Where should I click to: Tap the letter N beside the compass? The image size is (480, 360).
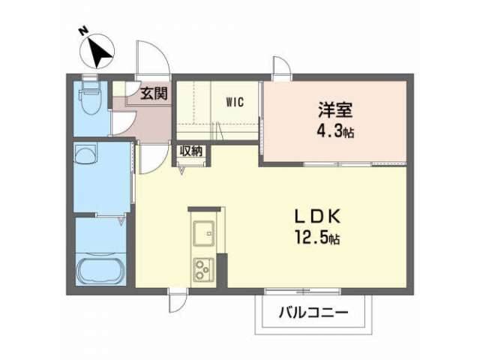(x=83, y=31)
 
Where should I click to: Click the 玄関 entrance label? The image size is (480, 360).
(x=154, y=93)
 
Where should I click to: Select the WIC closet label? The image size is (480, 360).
(x=235, y=102)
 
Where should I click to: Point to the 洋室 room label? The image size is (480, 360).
(x=335, y=110)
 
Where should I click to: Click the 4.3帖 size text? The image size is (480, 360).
(x=335, y=132)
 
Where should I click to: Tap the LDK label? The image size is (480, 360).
(x=317, y=216)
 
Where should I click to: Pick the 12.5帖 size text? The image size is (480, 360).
(x=317, y=238)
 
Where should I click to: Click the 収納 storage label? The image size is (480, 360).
(x=191, y=151)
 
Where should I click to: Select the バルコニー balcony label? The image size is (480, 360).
(x=313, y=313)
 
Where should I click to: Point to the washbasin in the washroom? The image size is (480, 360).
(x=85, y=155)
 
